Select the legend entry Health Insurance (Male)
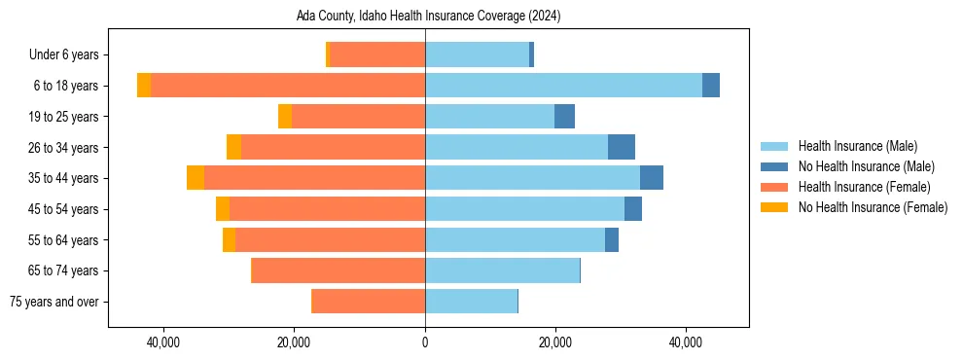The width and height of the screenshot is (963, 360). click(856, 146)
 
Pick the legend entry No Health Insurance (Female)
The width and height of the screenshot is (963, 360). click(873, 207)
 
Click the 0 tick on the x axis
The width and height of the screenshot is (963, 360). click(425, 342)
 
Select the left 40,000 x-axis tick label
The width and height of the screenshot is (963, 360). click(163, 342)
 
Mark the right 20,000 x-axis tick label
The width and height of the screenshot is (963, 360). click(555, 342)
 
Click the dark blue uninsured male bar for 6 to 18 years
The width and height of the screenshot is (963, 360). click(711, 86)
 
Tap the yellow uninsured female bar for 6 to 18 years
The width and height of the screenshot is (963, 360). click(144, 86)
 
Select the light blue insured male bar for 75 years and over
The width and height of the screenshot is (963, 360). click(471, 302)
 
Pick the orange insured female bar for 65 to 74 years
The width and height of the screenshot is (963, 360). click(339, 270)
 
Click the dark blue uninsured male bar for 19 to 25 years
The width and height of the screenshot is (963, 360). click(564, 117)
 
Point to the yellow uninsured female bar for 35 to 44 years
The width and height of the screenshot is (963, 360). click(196, 178)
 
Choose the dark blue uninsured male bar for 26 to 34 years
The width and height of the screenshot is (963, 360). click(622, 147)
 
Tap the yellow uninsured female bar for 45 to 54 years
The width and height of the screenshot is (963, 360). click(223, 209)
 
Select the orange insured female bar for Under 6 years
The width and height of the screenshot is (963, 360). click(377, 54)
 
